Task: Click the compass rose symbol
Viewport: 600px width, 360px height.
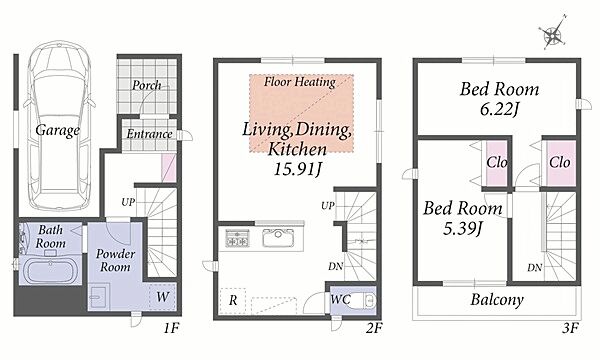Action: click(x=553, y=33)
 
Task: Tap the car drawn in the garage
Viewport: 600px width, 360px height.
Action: click(x=59, y=125)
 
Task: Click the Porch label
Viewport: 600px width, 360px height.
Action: click(x=147, y=86)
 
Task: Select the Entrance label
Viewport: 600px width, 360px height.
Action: click(x=149, y=134)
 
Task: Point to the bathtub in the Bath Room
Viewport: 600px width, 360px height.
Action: click(x=51, y=270)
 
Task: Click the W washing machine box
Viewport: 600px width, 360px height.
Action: click(x=163, y=296)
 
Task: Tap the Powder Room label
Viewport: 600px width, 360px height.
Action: click(x=115, y=260)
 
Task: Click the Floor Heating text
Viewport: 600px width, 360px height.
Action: click(x=300, y=82)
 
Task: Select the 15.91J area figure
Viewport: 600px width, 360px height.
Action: click(x=297, y=169)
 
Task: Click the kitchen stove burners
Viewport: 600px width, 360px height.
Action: click(x=236, y=238)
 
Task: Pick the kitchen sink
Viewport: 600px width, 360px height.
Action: click(x=278, y=238)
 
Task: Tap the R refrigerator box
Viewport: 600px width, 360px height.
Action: click(x=233, y=301)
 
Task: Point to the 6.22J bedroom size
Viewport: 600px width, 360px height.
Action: click(x=499, y=110)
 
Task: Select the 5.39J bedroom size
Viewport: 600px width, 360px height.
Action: click(x=462, y=229)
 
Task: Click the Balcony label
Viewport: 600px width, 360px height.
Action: click(x=497, y=300)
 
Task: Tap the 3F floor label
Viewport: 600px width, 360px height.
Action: click(x=570, y=329)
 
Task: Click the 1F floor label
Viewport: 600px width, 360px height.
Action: click(x=171, y=328)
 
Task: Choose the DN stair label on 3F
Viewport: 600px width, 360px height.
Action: click(x=535, y=268)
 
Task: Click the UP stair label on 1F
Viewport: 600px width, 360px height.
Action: click(x=128, y=202)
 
